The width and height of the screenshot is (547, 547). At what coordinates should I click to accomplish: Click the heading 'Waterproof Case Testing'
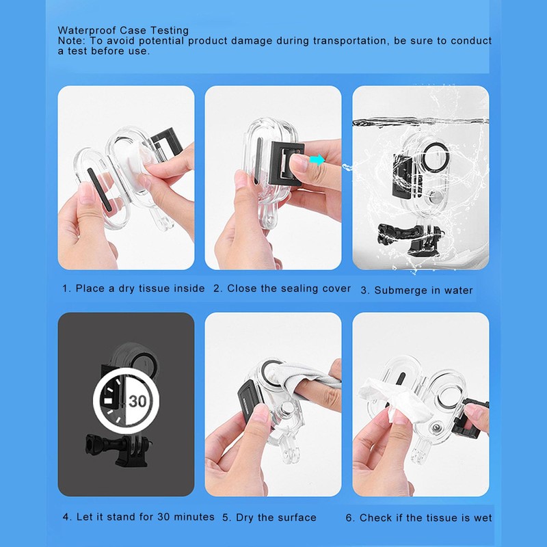pos(123,31)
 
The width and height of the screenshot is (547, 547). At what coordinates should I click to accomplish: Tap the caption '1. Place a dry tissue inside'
pos(133,289)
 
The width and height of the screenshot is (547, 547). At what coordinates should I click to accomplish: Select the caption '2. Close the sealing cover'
pos(282,289)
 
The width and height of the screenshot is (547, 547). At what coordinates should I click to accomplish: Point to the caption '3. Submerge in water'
pos(416,290)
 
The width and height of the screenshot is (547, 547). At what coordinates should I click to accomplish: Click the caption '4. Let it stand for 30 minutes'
pos(138,517)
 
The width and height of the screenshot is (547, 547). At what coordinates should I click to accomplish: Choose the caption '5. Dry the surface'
pos(269,518)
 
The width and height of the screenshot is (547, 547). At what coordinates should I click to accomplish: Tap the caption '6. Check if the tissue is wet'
pos(418,518)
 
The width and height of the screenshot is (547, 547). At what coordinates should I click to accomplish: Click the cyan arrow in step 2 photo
pos(317,159)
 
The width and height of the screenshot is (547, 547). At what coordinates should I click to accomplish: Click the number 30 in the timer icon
pos(137,401)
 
